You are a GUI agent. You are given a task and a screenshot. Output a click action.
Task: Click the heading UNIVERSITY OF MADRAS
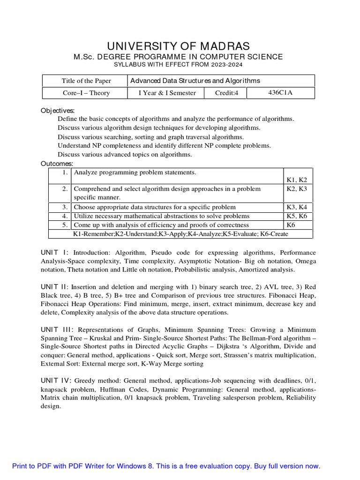tap(178, 46)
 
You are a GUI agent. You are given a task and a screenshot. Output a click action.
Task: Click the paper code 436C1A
tap(280, 92)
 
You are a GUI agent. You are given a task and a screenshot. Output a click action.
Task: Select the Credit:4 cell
tap(227, 93)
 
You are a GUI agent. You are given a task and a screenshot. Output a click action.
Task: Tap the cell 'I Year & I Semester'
tap(167, 93)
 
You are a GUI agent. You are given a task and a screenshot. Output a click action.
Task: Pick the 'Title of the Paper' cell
tap(86, 81)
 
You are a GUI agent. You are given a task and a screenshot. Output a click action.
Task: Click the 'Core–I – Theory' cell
tap(86, 93)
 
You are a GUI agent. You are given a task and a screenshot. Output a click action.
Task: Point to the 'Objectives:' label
tap(58, 111)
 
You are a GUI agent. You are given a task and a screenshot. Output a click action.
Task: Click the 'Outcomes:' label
tap(57, 164)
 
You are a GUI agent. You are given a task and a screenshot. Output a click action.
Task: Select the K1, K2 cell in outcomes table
tap(296, 180)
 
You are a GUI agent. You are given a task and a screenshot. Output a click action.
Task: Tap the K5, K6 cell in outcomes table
tap(296, 216)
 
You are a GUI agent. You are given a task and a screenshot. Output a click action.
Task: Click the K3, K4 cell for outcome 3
tap(296, 207)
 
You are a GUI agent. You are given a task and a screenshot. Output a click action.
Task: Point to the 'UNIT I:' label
tap(55, 253)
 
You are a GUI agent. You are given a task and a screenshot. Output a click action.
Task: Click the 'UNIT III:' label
tap(57, 330)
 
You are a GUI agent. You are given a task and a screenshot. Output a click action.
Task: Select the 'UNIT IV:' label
tap(57, 381)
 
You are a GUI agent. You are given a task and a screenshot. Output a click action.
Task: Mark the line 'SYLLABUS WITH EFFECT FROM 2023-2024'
tap(178, 65)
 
